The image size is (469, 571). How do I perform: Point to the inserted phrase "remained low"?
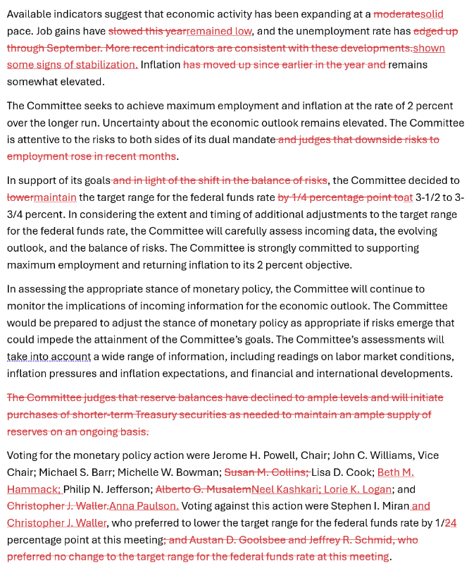click(x=219, y=31)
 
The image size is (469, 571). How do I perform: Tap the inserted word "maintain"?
click(x=55, y=197)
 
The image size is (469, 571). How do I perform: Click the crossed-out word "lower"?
click(x=20, y=197)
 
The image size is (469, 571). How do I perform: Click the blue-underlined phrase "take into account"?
click(x=49, y=357)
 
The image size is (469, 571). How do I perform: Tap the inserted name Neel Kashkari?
click(x=284, y=489)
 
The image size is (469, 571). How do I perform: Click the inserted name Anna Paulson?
click(x=143, y=506)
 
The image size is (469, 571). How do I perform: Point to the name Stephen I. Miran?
click(x=367, y=506)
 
